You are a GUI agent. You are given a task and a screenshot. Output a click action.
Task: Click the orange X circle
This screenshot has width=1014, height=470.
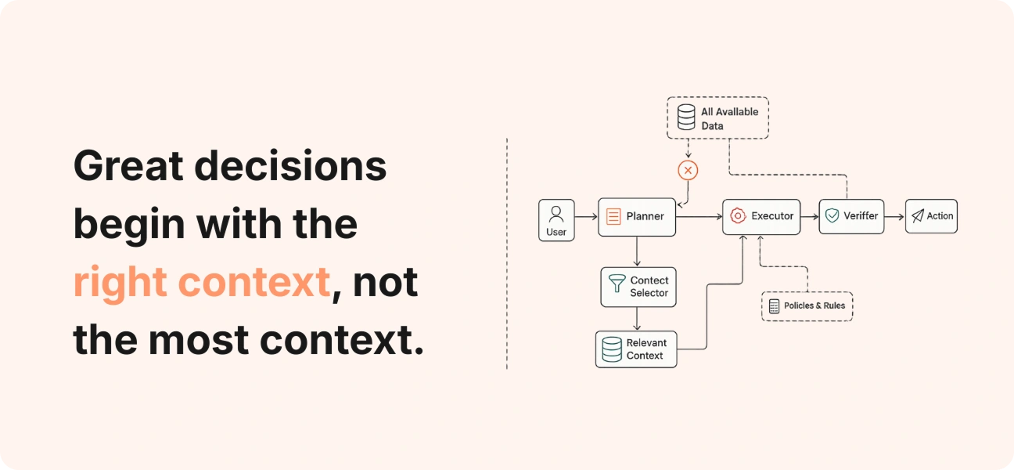tap(688, 171)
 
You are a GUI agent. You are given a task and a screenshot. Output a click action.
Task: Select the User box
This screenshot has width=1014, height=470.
tap(556, 220)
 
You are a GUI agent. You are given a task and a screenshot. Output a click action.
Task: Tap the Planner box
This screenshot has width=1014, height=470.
tap(637, 217)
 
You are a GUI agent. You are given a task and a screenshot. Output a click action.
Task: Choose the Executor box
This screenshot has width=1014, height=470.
tap(761, 217)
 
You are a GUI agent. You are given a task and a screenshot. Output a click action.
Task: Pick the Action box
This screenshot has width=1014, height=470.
tap(931, 216)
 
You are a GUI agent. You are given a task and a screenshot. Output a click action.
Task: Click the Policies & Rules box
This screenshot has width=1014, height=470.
tap(807, 306)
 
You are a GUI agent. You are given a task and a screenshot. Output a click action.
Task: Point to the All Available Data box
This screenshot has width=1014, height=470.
tap(717, 117)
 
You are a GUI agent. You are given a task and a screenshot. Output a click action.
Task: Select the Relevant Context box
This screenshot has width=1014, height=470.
tap(636, 349)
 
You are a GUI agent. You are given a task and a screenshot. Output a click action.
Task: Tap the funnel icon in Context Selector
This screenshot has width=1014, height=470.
tap(617, 283)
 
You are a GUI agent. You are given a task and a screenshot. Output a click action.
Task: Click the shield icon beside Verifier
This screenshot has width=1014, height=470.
tap(832, 215)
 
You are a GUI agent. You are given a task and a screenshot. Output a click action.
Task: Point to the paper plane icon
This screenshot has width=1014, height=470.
tap(917, 215)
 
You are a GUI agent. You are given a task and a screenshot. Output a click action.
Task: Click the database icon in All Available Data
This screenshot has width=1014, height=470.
tap(686, 117)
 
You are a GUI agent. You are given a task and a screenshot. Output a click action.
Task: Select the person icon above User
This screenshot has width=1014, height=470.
tap(556, 214)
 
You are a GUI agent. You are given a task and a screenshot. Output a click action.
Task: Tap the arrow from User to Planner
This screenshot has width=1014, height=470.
tap(586, 217)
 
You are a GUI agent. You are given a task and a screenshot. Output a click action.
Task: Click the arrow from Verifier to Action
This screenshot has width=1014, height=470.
tap(894, 217)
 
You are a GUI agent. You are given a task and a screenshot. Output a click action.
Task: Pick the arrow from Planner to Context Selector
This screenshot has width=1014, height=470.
tap(637, 251)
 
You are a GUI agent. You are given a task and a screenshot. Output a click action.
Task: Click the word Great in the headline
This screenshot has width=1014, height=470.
tap(128, 166)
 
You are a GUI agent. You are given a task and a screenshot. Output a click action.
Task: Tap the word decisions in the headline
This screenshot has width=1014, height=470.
tap(290, 165)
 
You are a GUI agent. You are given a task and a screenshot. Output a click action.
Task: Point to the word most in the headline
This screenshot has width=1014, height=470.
tap(199, 341)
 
